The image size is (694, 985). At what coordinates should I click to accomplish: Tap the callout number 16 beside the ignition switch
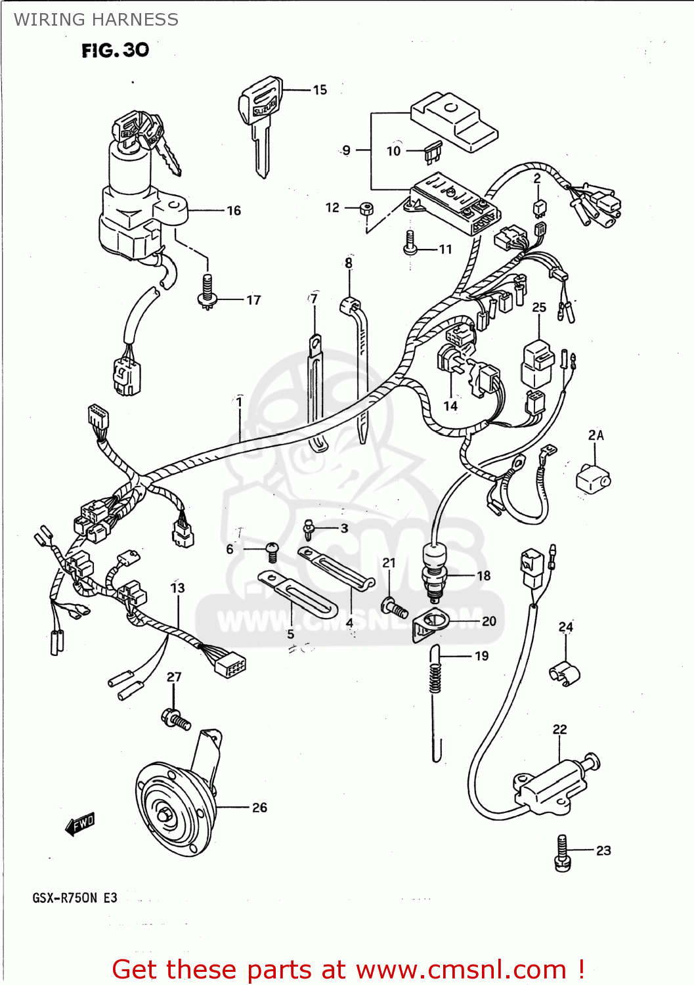tap(234, 211)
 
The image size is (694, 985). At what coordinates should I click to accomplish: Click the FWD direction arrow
tap(80, 823)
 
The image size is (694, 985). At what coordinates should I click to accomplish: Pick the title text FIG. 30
tap(116, 50)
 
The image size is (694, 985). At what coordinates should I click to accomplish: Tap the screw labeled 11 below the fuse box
tap(410, 243)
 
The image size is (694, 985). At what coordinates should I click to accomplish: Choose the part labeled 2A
tap(592, 478)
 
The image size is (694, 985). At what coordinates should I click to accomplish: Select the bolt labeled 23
tap(563, 854)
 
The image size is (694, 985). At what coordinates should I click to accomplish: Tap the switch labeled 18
tap(433, 571)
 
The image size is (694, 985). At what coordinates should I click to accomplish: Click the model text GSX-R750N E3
tap(75, 898)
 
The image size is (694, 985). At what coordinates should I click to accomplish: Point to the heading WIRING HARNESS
tap(96, 20)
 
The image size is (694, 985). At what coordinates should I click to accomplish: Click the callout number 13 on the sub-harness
tap(177, 588)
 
